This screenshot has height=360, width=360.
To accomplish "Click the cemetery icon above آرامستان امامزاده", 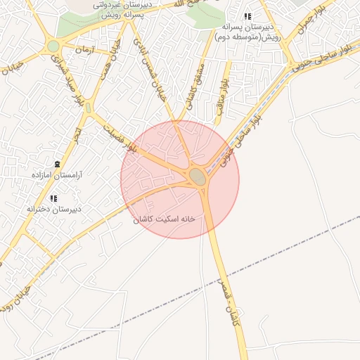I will tap(57, 162).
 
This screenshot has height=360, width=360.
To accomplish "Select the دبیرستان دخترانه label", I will tap(54, 209).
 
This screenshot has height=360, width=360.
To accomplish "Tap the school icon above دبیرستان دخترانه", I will tap(54, 198).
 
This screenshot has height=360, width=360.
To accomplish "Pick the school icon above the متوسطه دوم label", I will tap(247, 16).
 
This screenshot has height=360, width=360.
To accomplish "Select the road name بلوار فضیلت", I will tap(119, 138).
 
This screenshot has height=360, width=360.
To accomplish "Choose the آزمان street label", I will tap(84, 51).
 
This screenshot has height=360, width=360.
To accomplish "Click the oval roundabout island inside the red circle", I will tap(198, 176).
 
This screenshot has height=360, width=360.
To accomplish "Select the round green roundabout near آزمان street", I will tap(53, 47).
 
